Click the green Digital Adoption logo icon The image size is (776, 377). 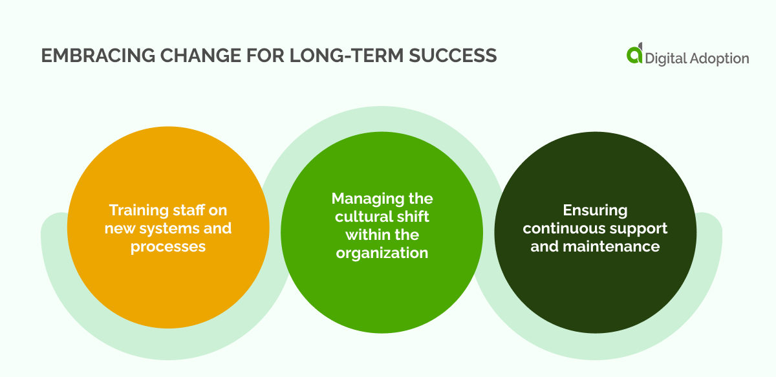635,56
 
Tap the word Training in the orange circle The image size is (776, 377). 138,210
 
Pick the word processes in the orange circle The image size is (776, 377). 168,247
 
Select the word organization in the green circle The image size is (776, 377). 382,252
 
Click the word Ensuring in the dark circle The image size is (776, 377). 595,210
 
